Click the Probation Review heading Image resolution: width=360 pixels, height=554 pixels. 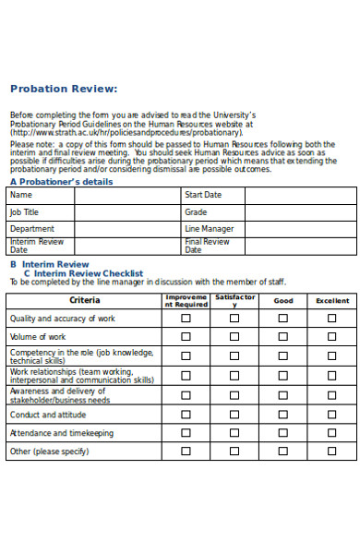[x=64, y=89]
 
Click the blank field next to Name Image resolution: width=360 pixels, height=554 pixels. [x=127, y=196]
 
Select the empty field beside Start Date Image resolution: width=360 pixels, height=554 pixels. [x=300, y=196]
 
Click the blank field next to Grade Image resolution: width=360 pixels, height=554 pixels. [x=300, y=212]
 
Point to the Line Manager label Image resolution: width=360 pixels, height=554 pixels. [x=209, y=229]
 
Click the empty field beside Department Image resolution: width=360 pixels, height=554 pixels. [x=127, y=229]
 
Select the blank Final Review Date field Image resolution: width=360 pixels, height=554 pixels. [x=300, y=246]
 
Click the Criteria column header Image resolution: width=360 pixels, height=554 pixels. [x=85, y=301]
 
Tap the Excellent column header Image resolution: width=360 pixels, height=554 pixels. [x=332, y=301]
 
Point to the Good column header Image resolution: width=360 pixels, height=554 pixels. [x=283, y=301]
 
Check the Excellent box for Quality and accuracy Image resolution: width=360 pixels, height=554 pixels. [x=332, y=319]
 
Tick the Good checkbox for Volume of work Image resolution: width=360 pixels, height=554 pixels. [x=283, y=337]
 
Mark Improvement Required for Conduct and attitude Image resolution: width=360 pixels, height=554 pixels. [x=186, y=415]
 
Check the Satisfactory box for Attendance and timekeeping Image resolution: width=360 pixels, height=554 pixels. [x=234, y=432]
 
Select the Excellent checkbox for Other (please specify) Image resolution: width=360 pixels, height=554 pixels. [x=332, y=451]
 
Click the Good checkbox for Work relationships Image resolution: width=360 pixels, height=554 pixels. [x=283, y=376]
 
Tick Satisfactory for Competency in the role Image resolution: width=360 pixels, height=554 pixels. [x=234, y=356]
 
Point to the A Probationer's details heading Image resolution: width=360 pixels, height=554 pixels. [x=61, y=182]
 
